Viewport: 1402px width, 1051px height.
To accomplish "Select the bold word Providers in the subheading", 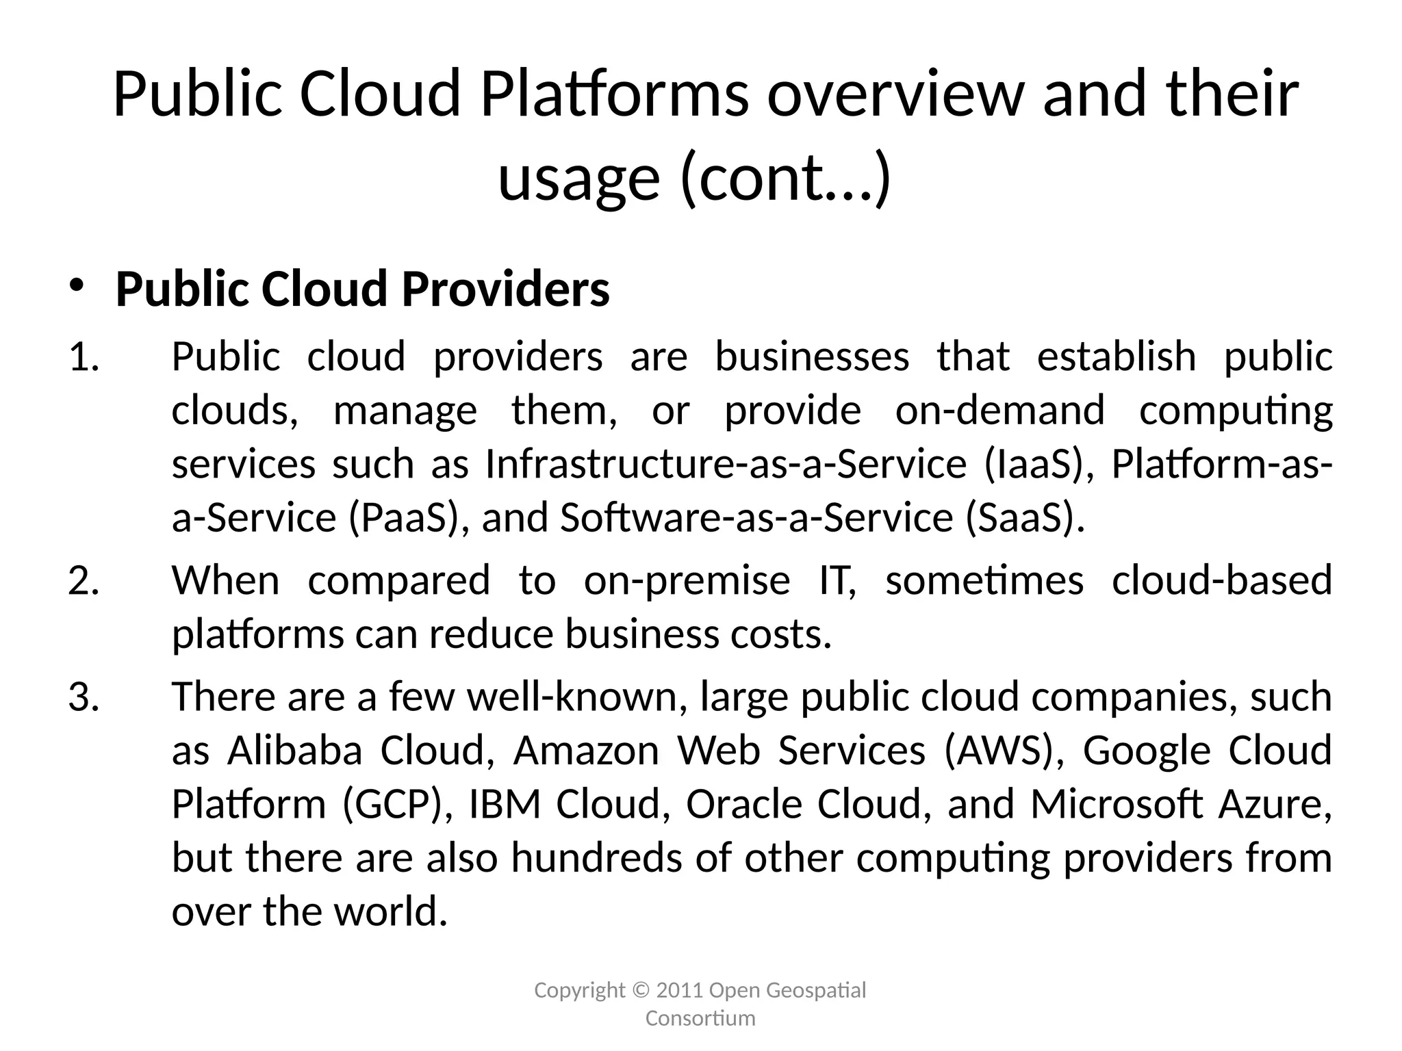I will [x=505, y=289].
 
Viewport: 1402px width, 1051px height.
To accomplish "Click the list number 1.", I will [x=83, y=357].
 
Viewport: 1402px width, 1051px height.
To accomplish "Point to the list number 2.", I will [x=84, y=581].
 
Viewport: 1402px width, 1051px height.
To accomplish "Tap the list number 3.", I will [x=84, y=697].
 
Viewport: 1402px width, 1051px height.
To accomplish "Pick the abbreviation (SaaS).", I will [x=1025, y=518].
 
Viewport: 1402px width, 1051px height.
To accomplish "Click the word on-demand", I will [x=999, y=411].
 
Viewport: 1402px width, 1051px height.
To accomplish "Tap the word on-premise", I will [x=687, y=581].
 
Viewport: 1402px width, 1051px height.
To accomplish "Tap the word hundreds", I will [x=596, y=858].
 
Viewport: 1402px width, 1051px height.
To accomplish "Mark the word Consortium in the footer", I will [x=700, y=1019].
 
